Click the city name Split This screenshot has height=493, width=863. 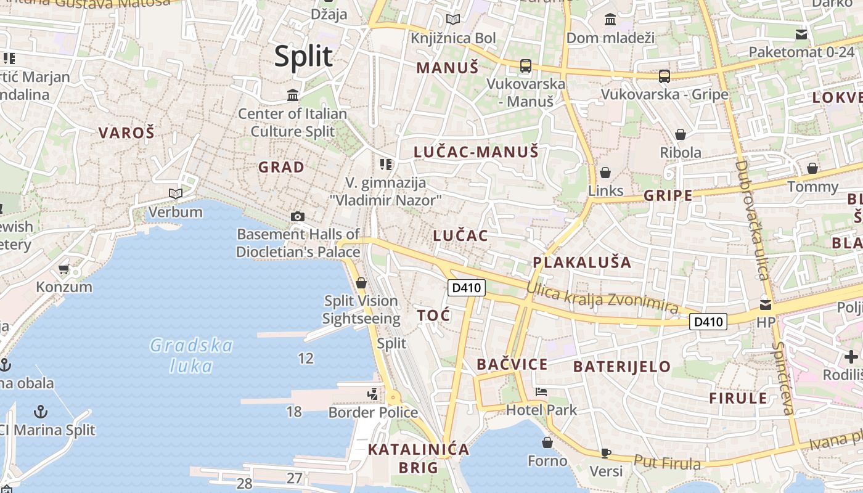point(303,56)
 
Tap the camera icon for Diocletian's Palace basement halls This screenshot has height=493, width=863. point(298,216)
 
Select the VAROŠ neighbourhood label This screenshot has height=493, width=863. point(126,132)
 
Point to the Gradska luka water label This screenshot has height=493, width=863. point(191,356)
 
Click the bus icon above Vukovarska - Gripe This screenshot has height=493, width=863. point(664,76)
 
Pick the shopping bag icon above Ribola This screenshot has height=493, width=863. point(681,134)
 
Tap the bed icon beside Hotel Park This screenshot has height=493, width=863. point(541,392)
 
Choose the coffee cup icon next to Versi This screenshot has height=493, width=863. point(605,453)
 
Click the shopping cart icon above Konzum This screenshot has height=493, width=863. point(63,269)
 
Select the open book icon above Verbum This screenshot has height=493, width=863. point(176,194)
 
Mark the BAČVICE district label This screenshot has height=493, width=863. point(512,364)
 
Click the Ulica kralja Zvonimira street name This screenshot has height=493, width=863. point(602,298)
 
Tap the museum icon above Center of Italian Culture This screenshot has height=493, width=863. point(293,96)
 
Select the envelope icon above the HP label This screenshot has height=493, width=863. point(766,304)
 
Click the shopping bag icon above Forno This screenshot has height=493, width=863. point(547,442)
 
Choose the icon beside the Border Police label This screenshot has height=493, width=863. point(372,394)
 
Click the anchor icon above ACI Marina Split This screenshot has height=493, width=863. point(41,411)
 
